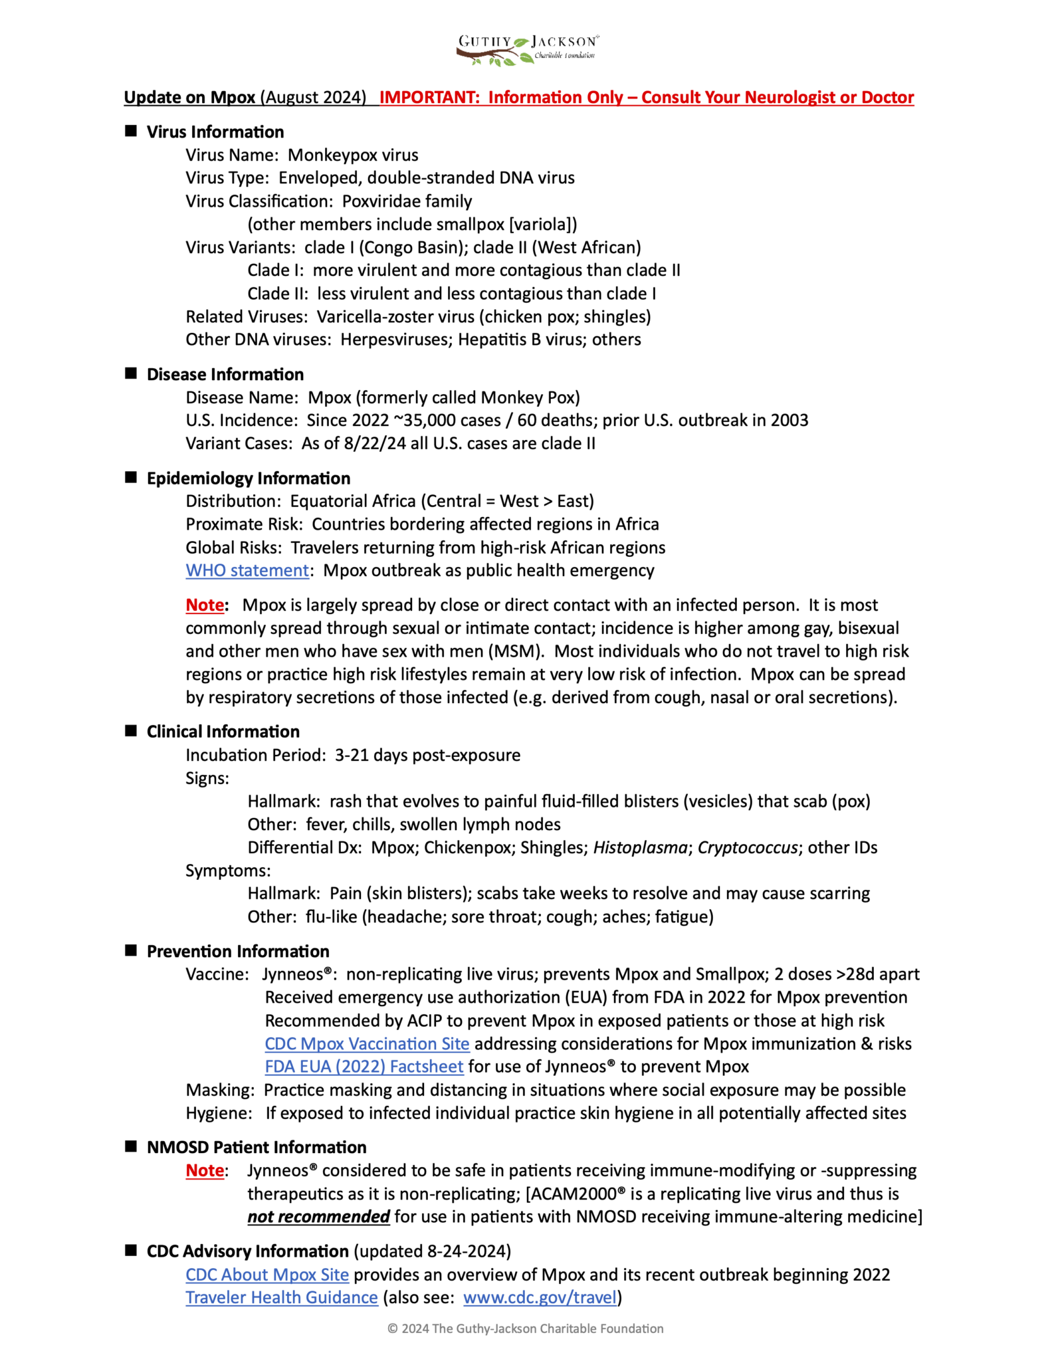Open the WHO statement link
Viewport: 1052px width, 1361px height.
(247, 570)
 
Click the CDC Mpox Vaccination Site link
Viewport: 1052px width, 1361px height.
(367, 1043)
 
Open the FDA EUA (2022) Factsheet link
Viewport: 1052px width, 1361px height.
(364, 1067)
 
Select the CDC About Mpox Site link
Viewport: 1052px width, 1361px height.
(267, 1275)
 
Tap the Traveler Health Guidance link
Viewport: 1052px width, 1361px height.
(282, 1297)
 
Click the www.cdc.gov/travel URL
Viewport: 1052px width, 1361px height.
(540, 1297)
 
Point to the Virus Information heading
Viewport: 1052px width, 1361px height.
(215, 132)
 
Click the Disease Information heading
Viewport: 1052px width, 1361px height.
(225, 374)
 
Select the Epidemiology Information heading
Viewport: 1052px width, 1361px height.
(249, 478)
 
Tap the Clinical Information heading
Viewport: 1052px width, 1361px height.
(223, 732)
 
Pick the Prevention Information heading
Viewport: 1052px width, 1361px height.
(238, 951)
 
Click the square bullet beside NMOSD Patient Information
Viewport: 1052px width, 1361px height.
(131, 1146)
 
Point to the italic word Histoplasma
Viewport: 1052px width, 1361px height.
(640, 847)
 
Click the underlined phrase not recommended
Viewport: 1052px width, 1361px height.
(318, 1217)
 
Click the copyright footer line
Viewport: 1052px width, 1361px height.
(526, 1328)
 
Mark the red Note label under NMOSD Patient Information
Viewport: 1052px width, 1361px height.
(205, 1170)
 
